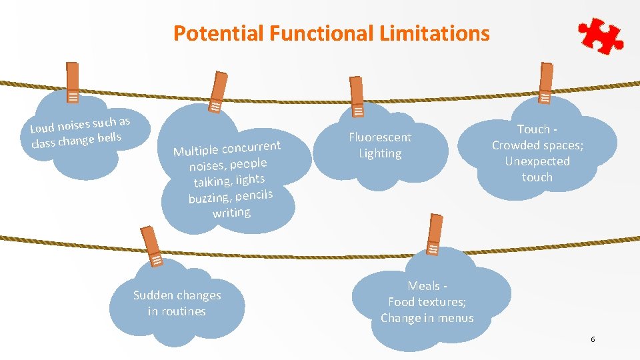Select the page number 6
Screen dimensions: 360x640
point(593,340)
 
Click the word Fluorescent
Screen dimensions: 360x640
point(380,137)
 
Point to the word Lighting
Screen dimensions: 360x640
point(380,153)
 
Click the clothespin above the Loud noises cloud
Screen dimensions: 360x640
point(73,83)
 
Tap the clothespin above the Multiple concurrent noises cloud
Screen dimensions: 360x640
point(217,93)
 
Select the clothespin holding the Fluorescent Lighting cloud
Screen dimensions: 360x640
point(357,97)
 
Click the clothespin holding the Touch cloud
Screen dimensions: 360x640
point(546,84)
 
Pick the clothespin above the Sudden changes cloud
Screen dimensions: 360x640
point(152,247)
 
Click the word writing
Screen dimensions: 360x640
point(231,213)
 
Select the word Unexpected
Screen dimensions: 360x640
point(537,161)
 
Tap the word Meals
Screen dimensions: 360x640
point(424,286)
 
